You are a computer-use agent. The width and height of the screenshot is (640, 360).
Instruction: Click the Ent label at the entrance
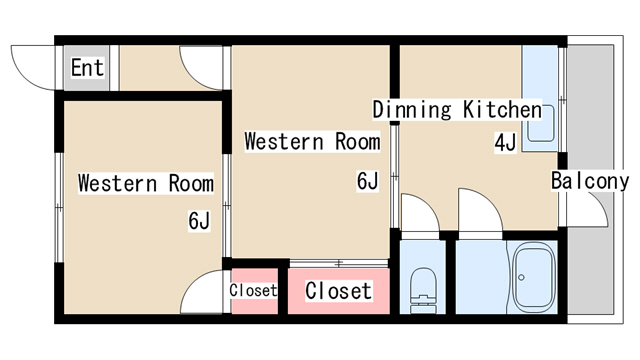88,68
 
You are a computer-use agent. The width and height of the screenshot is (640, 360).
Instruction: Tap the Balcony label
590,181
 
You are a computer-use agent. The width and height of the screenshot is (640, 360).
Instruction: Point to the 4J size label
505,142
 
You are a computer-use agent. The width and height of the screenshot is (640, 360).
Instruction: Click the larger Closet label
338,291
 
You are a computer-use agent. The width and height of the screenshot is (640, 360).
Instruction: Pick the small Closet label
253,290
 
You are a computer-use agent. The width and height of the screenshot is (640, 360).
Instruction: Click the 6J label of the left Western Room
198,220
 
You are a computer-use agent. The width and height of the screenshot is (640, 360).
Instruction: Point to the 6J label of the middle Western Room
368,181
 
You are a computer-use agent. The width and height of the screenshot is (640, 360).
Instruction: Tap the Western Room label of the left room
146,183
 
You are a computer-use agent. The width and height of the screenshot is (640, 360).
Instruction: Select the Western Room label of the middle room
312,142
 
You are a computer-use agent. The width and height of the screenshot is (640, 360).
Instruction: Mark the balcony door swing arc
591,210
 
